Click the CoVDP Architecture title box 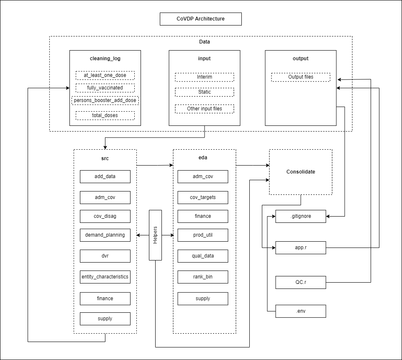coord(200,19)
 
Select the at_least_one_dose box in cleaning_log coord(105,75)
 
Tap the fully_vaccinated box coord(105,88)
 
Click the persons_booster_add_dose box coord(105,101)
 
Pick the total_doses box coord(105,115)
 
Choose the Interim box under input coord(204,77)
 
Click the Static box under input coord(204,92)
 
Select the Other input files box coord(204,109)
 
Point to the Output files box coord(300,77)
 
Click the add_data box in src coord(105,176)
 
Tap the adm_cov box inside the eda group coord(202,176)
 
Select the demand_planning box coord(105,235)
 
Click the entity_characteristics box coord(105,277)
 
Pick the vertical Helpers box coord(155,235)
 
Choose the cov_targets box coord(202,197)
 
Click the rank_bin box coord(202,277)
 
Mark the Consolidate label coord(300,172)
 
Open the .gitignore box coord(300,217)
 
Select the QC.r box coord(300,282)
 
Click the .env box coord(300,311)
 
